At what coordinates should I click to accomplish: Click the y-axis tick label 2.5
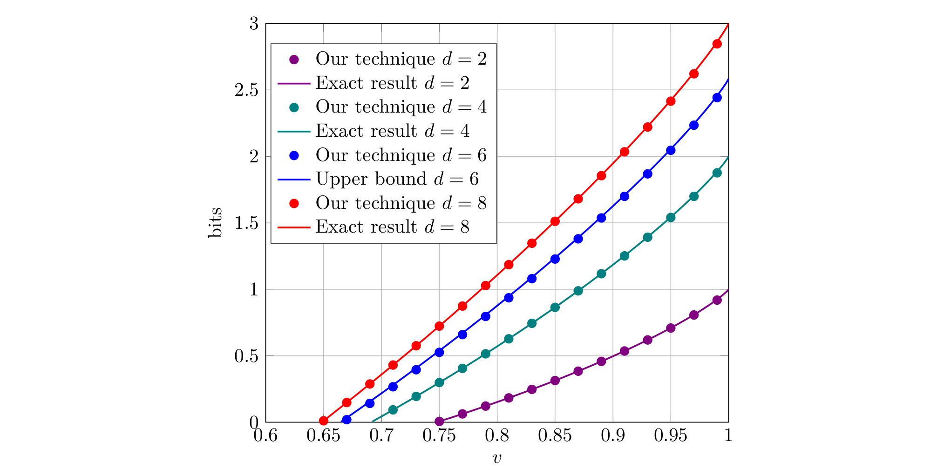point(246,90)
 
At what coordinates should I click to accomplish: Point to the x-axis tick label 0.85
point(555,436)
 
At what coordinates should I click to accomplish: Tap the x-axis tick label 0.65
point(323,436)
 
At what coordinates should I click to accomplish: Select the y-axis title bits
point(215,223)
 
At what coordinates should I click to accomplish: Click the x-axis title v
point(497,459)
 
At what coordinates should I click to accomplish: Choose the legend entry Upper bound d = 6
point(397,179)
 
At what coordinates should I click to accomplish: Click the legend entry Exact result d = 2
point(392,83)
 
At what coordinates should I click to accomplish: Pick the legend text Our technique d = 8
point(401,203)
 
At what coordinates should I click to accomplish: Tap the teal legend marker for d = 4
point(294,107)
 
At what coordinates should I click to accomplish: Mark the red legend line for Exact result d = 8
point(294,227)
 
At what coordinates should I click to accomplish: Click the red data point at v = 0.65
point(324,421)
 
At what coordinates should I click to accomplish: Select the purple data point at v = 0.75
point(439,421)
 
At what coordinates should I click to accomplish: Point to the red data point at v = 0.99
point(717,44)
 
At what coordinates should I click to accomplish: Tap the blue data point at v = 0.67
point(346,420)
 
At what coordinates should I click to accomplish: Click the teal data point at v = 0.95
point(671,217)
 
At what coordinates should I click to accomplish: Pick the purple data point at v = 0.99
point(717,300)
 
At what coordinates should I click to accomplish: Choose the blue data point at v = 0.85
point(555,259)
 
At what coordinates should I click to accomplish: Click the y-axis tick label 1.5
point(246,223)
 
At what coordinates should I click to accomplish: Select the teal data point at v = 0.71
point(393,410)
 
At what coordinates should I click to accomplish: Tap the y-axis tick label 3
point(254,24)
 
